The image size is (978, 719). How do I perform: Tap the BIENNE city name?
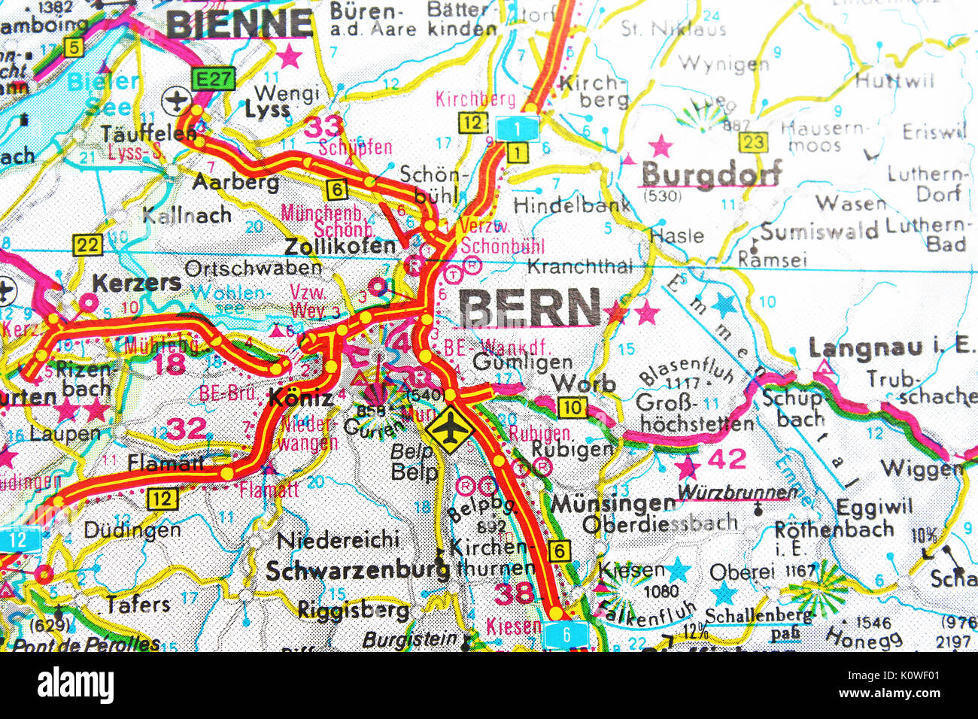tap(238, 23)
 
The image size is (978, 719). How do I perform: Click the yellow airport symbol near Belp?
tap(449, 430)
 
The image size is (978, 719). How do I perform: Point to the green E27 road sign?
tap(213, 78)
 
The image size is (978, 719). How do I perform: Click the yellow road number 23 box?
tap(753, 142)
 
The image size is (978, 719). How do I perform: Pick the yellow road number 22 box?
tap(87, 245)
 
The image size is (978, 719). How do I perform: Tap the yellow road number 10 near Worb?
tap(573, 408)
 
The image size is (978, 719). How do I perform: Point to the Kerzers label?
tap(136, 283)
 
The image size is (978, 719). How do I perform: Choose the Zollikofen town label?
tap(340, 246)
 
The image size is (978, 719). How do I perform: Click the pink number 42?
tap(727, 458)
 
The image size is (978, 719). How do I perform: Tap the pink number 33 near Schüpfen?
tap(323, 126)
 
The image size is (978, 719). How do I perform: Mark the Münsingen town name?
tap(613, 503)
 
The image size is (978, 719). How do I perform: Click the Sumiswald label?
tap(819, 232)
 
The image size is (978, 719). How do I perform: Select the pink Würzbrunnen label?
tap(737, 493)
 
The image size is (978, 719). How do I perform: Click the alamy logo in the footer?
tap(75, 685)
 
